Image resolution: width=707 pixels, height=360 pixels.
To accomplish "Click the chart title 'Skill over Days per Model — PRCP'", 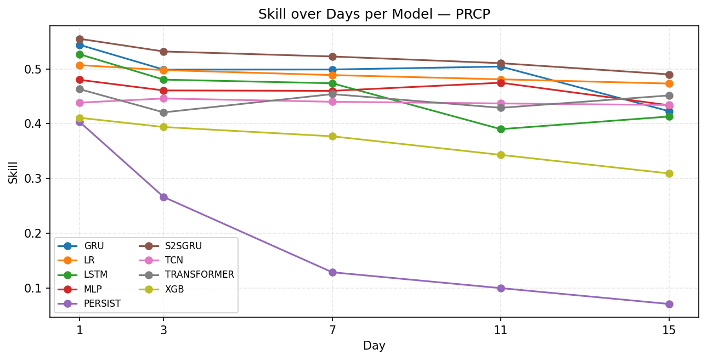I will coord(374,15).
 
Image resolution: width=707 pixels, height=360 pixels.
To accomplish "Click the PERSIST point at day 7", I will coord(332,272).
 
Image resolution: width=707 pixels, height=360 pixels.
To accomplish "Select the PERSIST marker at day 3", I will coord(163,197).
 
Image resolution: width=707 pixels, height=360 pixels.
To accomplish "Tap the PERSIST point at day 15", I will coord(669,304).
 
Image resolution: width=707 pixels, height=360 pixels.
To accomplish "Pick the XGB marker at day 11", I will coord(501,155).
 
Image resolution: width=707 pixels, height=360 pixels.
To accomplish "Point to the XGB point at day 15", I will coord(669,173).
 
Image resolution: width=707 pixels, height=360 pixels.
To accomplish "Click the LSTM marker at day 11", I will coord(501,129).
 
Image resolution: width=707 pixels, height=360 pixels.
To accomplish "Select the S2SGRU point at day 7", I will coord(332,57).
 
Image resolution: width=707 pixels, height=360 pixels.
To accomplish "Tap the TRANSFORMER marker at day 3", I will coord(163,113).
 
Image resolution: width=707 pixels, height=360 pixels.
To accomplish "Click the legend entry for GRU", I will coord(94,246).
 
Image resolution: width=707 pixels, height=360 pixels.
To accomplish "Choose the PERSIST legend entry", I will coord(102,303).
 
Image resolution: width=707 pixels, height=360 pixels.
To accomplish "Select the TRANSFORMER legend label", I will coord(199,274).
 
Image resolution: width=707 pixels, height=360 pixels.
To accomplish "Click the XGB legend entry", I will coord(175,289).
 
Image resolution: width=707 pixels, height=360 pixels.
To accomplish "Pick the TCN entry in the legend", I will coord(174,260).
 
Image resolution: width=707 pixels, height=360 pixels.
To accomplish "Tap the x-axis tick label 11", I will coord(501,330).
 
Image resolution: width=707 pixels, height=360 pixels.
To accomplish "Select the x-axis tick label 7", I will coord(332,330).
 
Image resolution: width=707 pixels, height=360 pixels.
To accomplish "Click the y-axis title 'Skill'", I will coord(13,172).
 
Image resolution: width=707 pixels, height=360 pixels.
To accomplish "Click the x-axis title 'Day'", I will coord(374,346).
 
